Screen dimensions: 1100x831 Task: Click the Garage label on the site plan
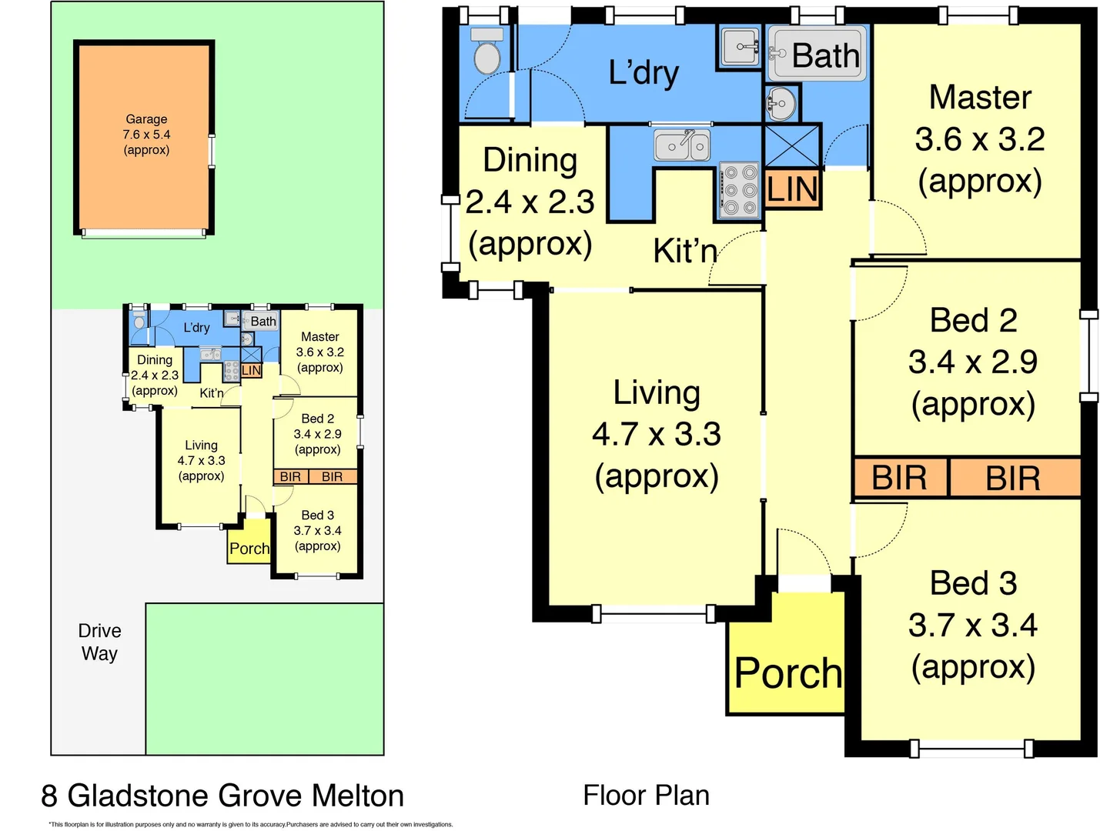[146, 119]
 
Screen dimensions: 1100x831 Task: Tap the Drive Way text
[100, 642]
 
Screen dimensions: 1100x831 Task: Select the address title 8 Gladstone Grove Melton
[222, 796]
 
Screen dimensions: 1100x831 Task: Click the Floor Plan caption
[646, 795]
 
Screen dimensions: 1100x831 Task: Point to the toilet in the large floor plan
[486, 51]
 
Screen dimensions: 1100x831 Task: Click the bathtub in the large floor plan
[817, 53]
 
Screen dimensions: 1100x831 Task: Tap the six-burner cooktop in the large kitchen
[739, 190]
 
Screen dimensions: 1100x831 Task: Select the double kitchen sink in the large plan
[681, 145]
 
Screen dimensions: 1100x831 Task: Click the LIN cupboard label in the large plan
[792, 189]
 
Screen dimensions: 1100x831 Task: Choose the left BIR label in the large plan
[899, 478]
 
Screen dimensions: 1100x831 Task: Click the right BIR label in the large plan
[1013, 479]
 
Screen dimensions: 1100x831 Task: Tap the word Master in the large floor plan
[980, 97]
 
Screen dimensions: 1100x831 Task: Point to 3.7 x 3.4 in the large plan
[973, 625]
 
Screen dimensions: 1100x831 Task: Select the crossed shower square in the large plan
[791, 145]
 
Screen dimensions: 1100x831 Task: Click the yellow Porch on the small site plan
[249, 542]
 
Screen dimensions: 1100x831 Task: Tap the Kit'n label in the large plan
[685, 250]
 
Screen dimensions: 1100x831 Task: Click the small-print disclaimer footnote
[251, 824]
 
